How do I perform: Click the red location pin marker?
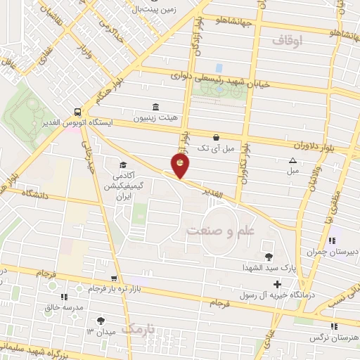coord(181,166)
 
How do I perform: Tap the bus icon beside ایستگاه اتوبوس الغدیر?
coord(77,110)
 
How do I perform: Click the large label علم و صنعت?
coord(219,231)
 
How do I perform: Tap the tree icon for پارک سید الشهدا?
coord(268,256)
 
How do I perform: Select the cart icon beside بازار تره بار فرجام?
coord(114,279)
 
